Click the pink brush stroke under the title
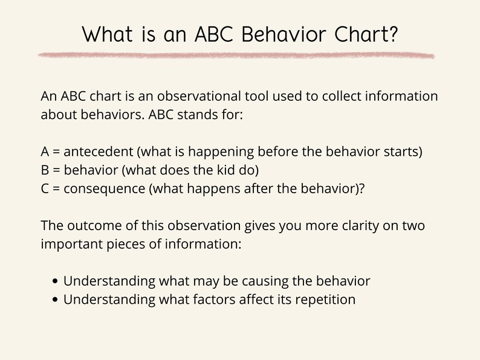click(236, 56)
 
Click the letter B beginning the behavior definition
click(45, 170)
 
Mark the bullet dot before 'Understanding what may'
click(56, 282)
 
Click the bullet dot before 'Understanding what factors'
click(56, 300)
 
